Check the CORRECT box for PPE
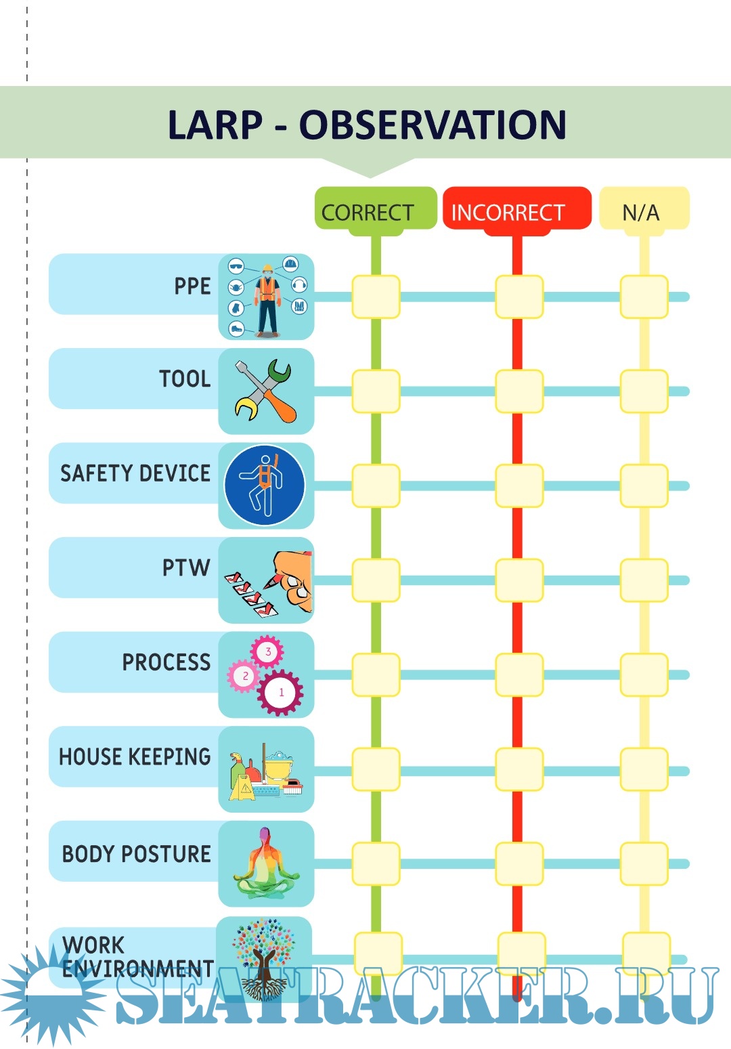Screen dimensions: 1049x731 pyautogui.click(x=376, y=297)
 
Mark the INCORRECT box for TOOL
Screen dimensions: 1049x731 pyautogui.click(x=519, y=391)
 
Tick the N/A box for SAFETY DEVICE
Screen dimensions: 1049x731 pyautogui.click(x=644, y=486)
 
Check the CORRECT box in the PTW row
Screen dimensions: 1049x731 pyautogui.click(x=376, y=580)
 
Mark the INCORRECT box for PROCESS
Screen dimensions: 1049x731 pyautogui.click(x=519, y=675)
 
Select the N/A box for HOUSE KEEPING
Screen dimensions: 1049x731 pyautogui.click(x=644, y=769)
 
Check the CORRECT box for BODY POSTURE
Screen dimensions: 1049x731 pyautogui.click(x=376, y=864)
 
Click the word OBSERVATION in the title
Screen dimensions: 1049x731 pyautogui.click(x=433, y=125)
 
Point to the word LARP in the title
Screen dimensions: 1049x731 pyautogui.click(x=215, y=125)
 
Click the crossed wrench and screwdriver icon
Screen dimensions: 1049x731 pyautogui.click(x=265, y=391)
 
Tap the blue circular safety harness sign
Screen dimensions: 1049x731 pyautogui.click(x=265, y=485)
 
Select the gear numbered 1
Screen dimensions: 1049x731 pyautogui.click(x=281, y=692)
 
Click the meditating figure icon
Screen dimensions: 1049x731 pyautogui.click(x=265, y=863)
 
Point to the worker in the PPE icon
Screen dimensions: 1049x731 pyautogui.click(x=267, y=298)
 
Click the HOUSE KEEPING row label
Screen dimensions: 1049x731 pyautogui.click(x=135, y=756)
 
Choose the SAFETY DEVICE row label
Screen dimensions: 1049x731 pyautogui.click(x=135, y=473)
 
